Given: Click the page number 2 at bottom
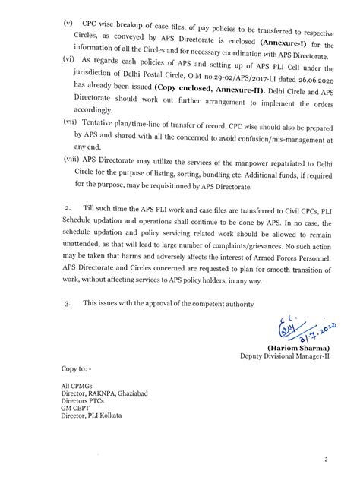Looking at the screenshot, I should pyautogui.click(x=325, y=460).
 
